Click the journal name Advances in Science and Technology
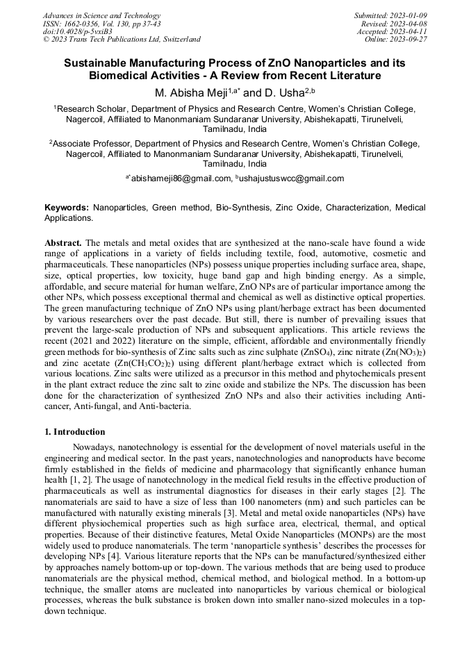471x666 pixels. point(101,15)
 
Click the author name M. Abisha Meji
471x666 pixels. point(190,92)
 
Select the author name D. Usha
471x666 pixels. point(281,92)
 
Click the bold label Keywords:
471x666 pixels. point(67,208)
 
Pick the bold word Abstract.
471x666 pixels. point(63,244)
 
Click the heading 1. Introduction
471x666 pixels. point(75,432)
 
